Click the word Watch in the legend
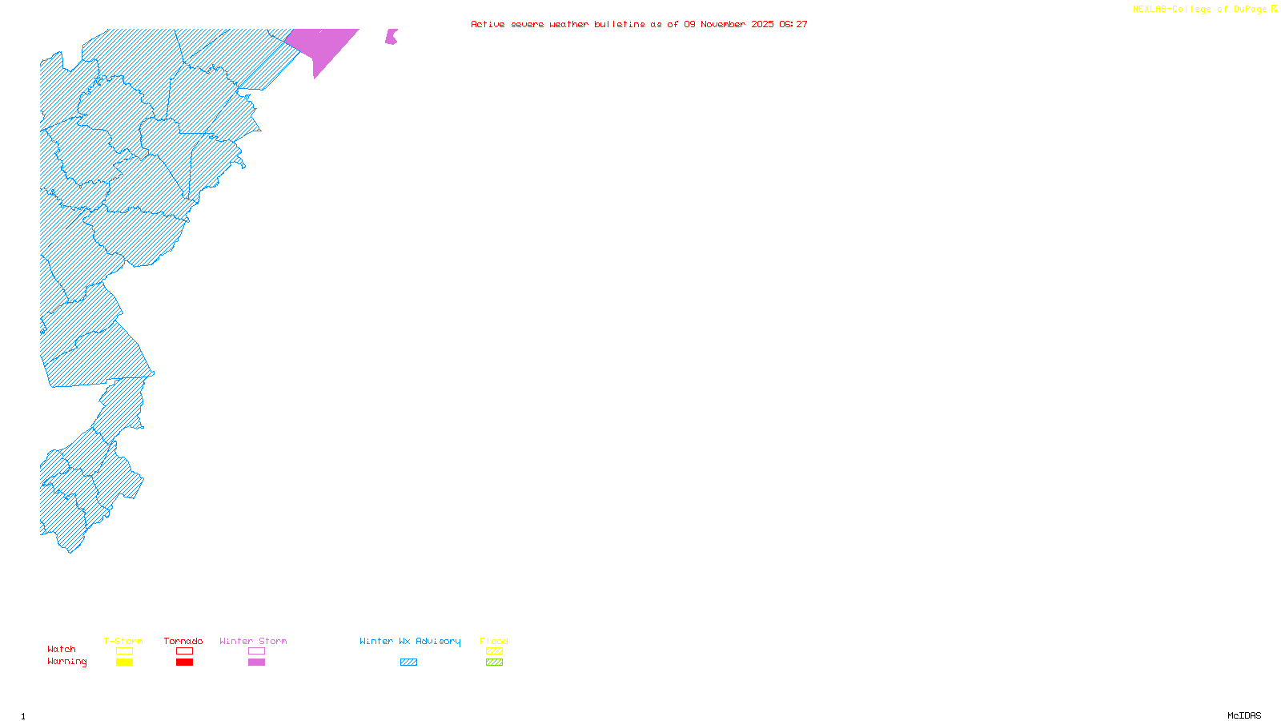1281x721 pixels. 62,649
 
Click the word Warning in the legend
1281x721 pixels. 66,662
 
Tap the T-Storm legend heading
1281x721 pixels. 123,641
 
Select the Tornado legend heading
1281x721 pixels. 183,641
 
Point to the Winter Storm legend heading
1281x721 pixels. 253,641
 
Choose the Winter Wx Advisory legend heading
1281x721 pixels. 410,641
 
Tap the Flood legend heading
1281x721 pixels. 494,641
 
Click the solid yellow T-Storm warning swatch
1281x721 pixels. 124,663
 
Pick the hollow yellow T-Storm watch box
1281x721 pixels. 124,651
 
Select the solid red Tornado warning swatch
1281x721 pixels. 184,663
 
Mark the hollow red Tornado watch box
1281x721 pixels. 184,651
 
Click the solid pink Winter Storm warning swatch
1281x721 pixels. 256,663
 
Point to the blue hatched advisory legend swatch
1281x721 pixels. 408,663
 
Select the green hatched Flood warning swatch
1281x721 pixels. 494,663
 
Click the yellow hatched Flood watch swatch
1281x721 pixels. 494,651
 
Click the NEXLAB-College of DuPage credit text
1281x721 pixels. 1200,10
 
